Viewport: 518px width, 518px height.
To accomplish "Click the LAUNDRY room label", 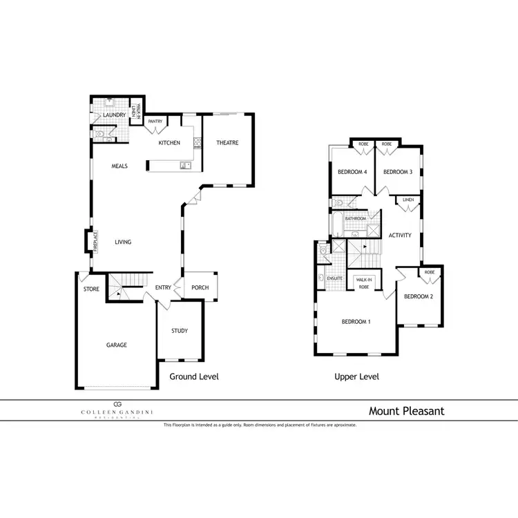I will [x=114, y=115].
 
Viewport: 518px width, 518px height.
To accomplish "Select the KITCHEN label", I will [x=169, y=143].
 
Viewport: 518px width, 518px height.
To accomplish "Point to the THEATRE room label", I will [x=227, y=143].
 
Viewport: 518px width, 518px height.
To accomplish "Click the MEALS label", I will [x=121, y=166].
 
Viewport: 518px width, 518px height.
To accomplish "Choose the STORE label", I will [x=91, y=289].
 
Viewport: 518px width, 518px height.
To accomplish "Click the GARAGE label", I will [x=116, y=345].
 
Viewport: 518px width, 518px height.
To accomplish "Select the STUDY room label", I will [x=180, y=331].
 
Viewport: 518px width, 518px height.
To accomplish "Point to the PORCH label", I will [x=201, y=288].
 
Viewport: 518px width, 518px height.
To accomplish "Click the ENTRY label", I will [x=163, y=288].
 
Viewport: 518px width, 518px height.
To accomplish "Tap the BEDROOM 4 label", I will [x=352, y=172].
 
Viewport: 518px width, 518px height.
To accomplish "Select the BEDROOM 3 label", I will [x=397, y=172].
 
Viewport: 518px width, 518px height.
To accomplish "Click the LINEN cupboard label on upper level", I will [x=408, y=200].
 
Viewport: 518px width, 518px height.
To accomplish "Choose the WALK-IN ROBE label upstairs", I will [x=364, y=283].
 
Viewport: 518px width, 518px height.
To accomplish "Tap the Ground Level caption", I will [x=194, y=376].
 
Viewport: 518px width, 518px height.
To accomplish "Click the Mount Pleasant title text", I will [x=406, y=411].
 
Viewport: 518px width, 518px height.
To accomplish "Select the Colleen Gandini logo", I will [x=117, y=410].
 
